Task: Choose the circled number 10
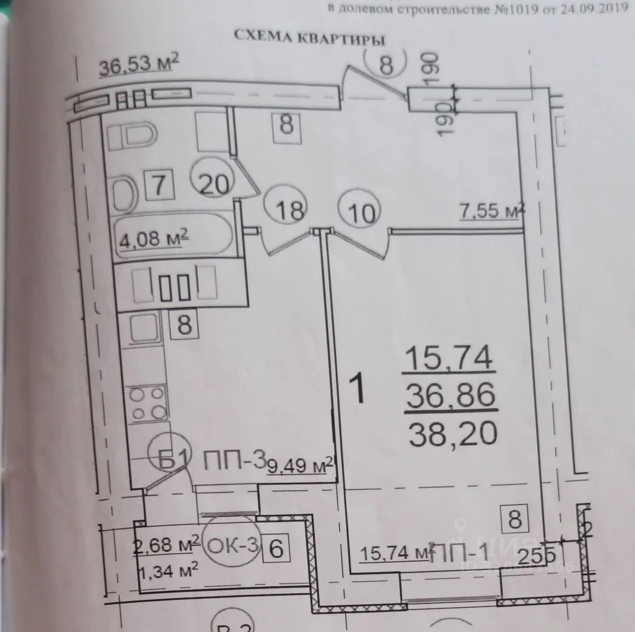(361, 212)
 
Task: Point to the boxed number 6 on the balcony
(276, 550)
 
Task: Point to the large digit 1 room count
(359, 390)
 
